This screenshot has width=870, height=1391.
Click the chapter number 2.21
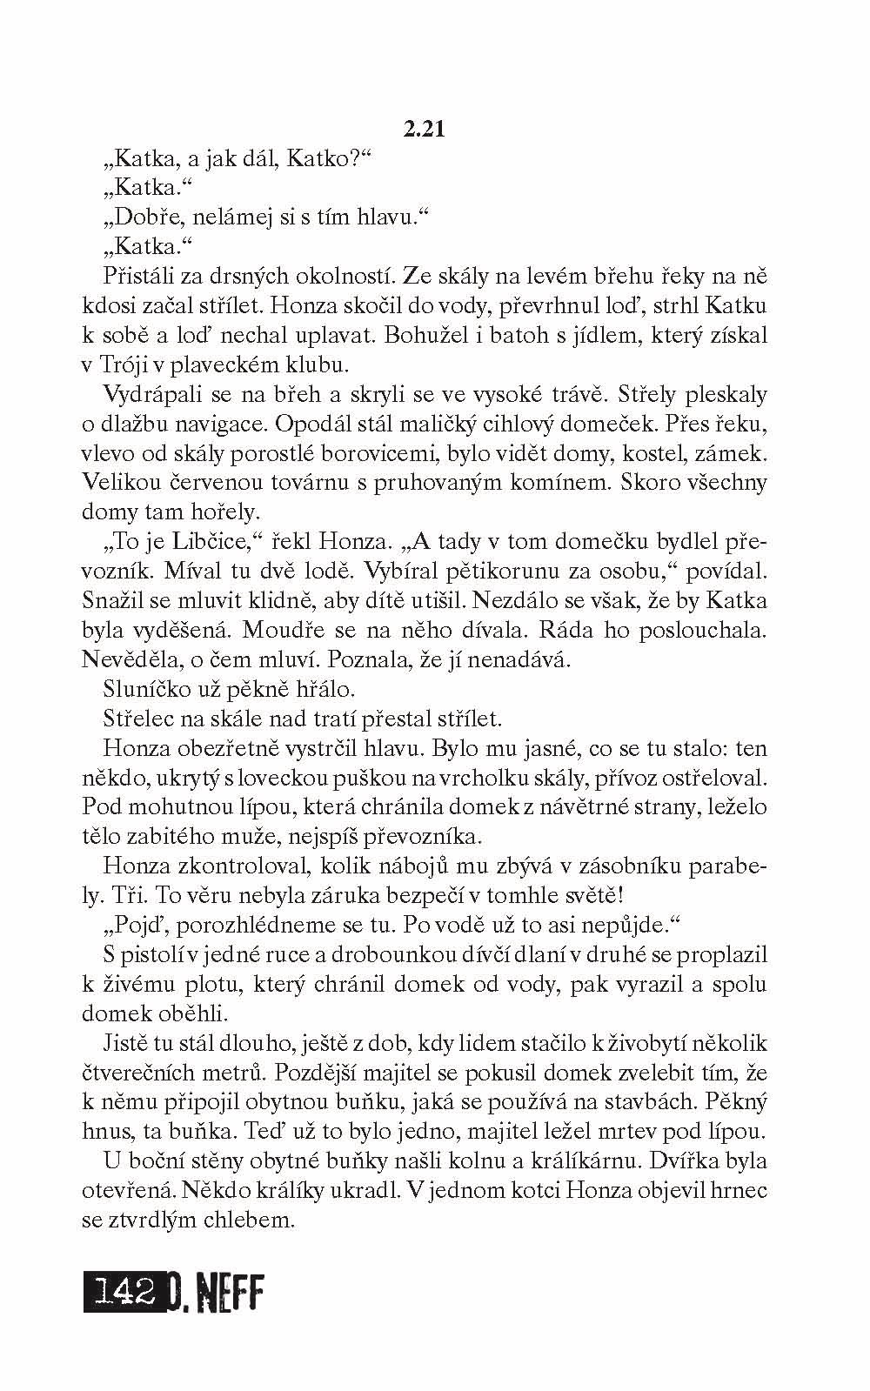click(x=425, y=130)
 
